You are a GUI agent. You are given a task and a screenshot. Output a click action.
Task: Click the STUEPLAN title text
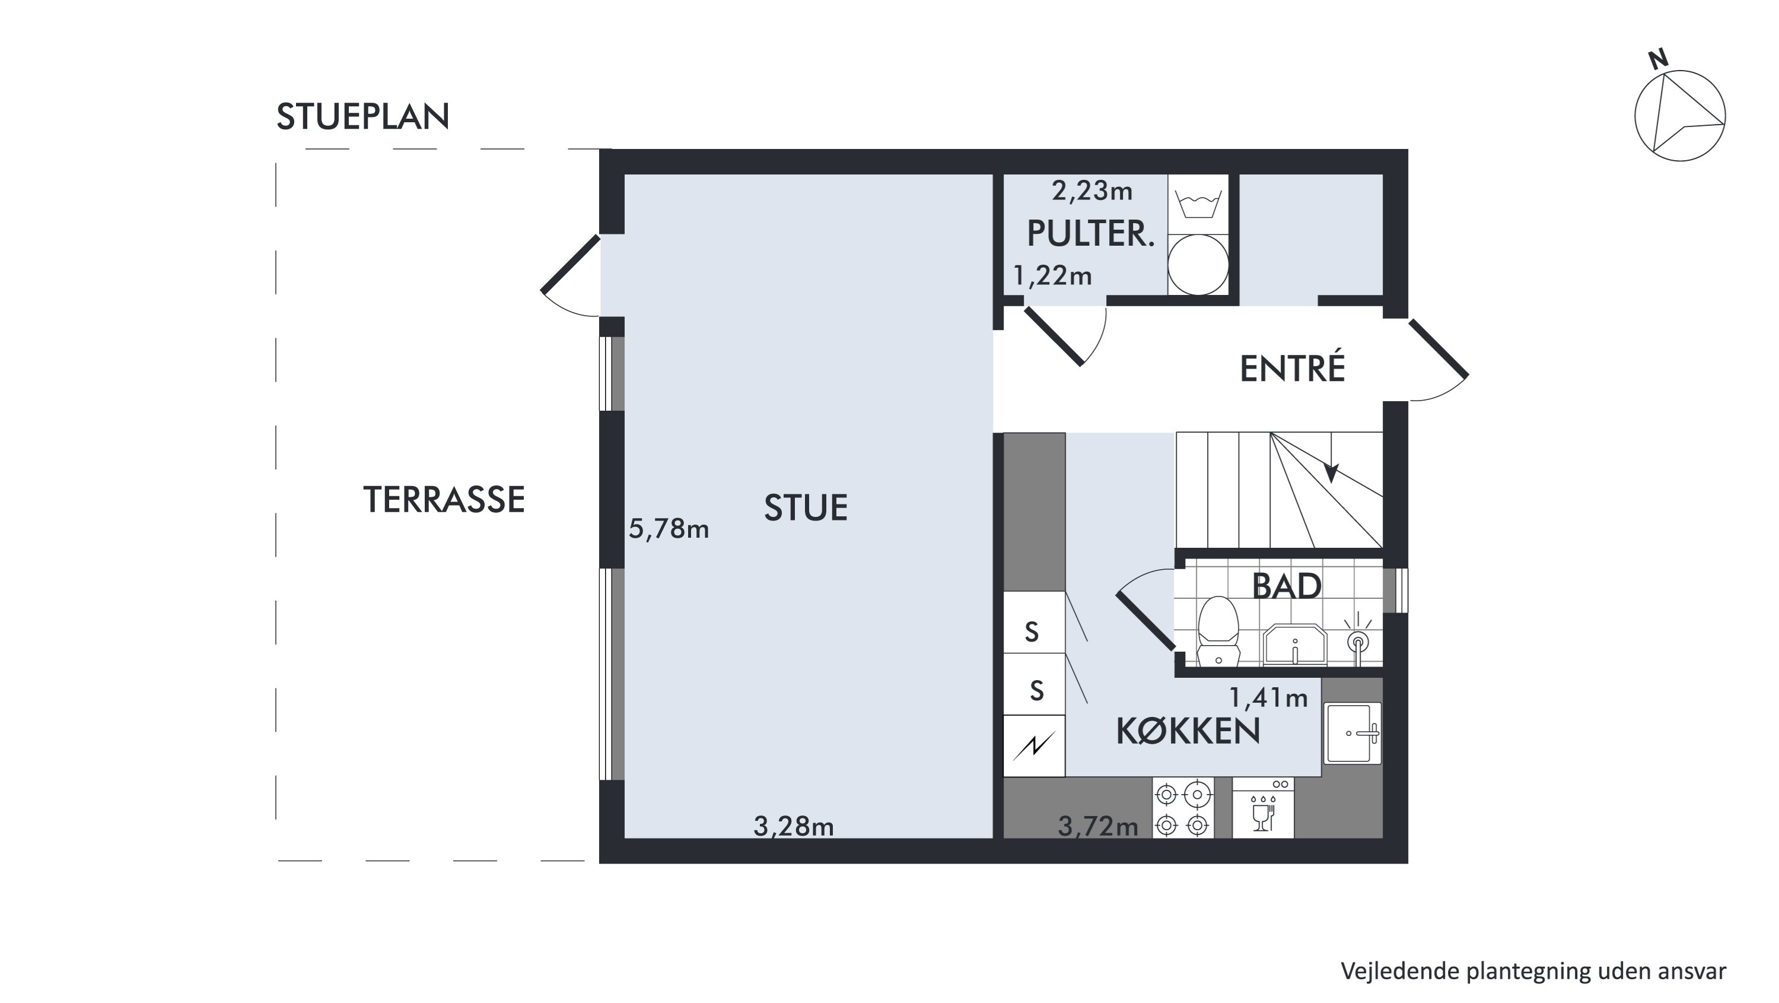(x=362, y=116)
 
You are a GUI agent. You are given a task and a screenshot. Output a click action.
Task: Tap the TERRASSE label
(x=444, y=500)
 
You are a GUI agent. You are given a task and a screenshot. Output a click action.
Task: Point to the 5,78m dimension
(x=669, y=529)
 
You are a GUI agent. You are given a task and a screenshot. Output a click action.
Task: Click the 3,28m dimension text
(x=794, y=826)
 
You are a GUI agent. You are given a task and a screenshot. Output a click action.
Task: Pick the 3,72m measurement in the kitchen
(x=1098, y=826)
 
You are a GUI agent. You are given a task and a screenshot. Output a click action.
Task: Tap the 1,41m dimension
(x=1269, y=698)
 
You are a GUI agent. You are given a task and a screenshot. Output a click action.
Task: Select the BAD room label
(x=1287, y=586)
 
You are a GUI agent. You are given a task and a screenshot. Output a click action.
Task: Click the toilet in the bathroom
(x=1218, y=631)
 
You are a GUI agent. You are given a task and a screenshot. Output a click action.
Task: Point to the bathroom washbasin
(x=1295, y=645)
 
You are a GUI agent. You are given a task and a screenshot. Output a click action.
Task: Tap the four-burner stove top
(x=1183, y=809)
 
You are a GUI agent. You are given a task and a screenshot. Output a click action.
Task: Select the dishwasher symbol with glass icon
(x=1263, y=809)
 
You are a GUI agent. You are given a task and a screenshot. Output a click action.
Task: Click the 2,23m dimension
(x=1092, y=190)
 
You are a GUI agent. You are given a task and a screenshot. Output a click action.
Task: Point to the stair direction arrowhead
(x=1331, y=472)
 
